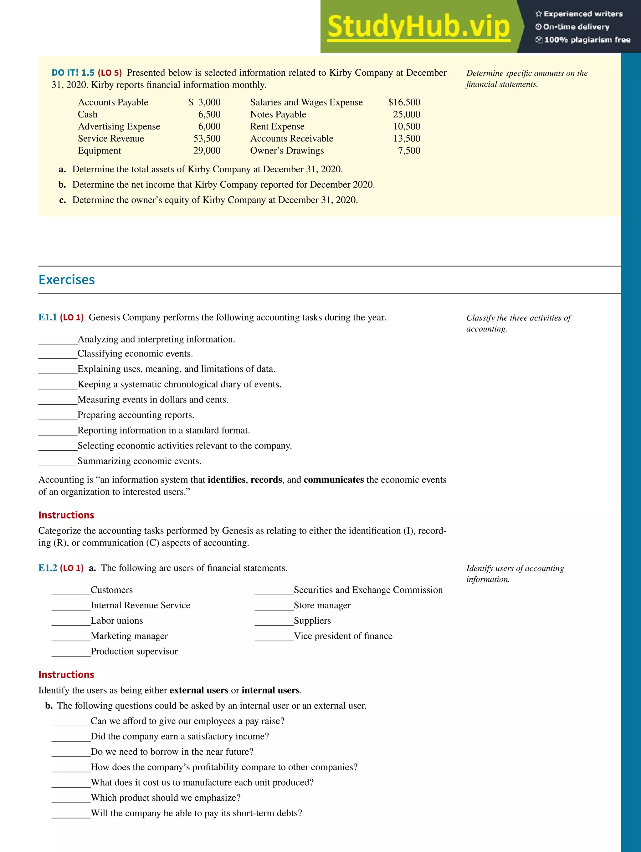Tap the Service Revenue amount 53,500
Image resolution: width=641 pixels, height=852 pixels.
point(207,138)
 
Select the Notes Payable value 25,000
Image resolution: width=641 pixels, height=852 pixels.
point(407,114)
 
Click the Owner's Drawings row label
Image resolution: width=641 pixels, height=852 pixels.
point(287,151)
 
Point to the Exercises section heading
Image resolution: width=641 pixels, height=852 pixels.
point(67,280)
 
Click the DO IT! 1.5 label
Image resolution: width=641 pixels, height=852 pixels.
point(73,73)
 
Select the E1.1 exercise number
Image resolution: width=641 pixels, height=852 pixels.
point(47,317)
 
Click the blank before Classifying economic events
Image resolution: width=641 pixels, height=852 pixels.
point(58,354)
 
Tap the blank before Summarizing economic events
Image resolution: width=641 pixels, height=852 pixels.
point(58,462)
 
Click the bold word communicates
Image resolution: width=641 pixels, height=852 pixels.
point(333,479)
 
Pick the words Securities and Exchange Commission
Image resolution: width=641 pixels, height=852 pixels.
point(368,590)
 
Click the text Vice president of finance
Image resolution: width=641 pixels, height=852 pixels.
point(343,636)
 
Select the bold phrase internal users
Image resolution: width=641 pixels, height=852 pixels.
point(270,690)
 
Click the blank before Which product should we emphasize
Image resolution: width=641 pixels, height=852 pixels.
point(71,799)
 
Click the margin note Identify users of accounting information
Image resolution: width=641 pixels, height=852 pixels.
point(515,574)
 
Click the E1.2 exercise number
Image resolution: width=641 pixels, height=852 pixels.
point(47,568)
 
